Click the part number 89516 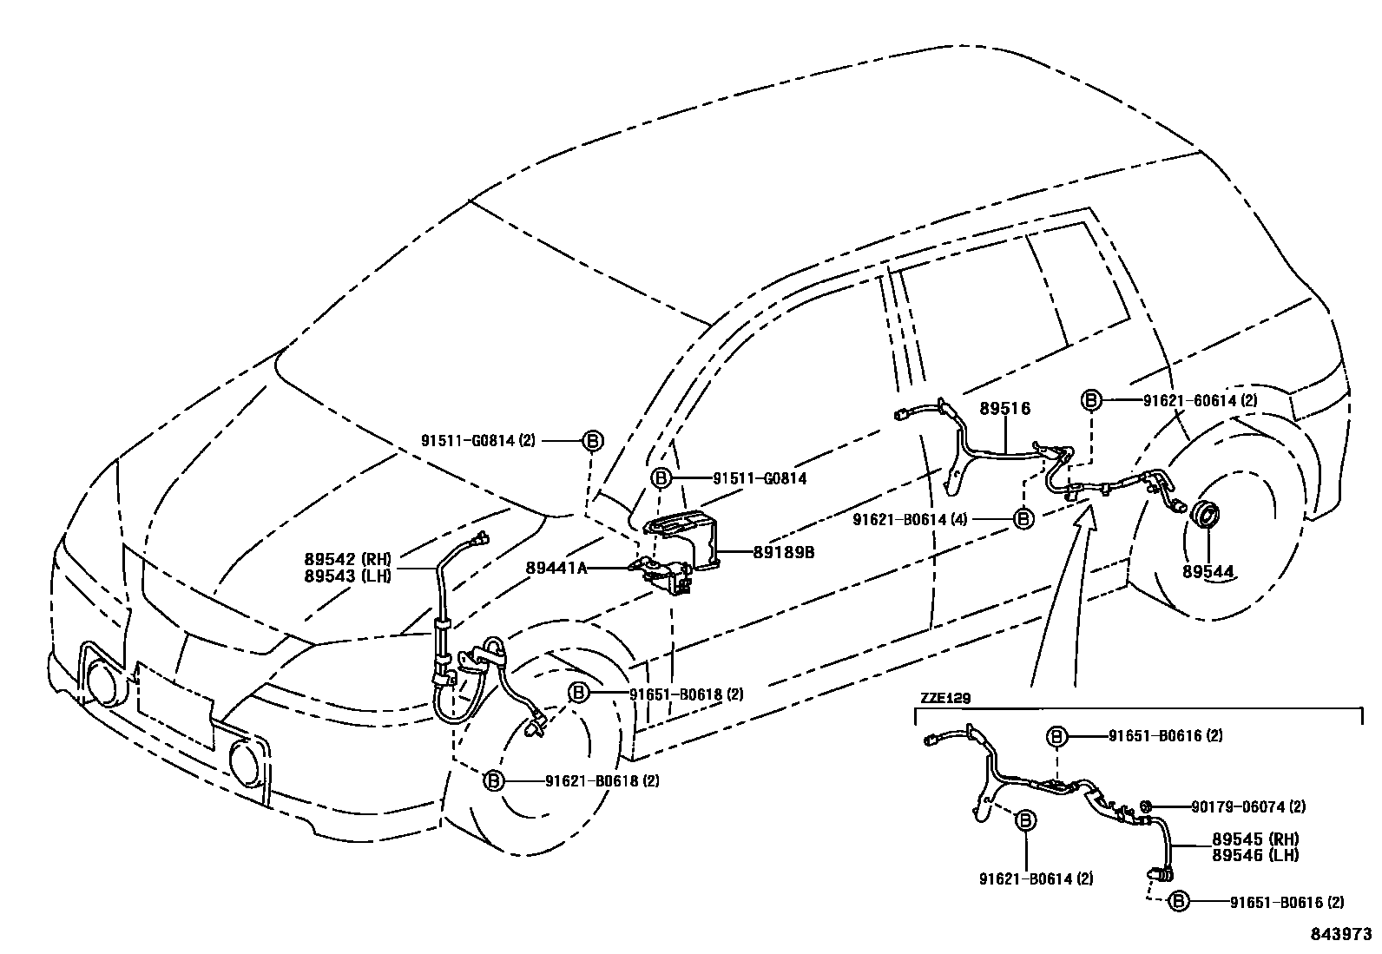pos(1005,408)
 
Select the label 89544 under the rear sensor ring pos(1208,571)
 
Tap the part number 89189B pos(783,551)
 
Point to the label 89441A pos(556,568)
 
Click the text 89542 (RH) pos(348,559)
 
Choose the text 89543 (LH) pos(348,575)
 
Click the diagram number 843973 pos(1341,936)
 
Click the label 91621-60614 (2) pos(1200,400)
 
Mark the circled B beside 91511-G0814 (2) pos(591,440)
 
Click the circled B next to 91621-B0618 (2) pos(493,780)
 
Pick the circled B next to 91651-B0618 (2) pos(579,693)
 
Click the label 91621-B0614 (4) pos(910,519)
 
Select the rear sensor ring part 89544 pos(1203,514)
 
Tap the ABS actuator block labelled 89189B pos(683,537)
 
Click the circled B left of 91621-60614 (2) pos(1091,400)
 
